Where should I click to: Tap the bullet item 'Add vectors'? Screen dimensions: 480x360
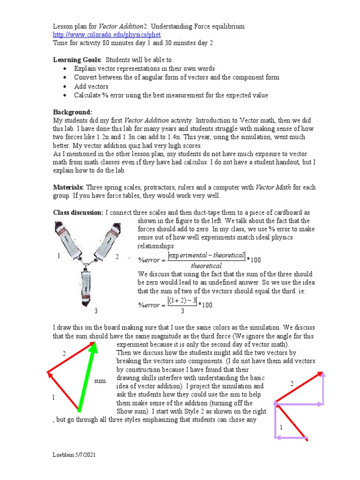tap(91, 86)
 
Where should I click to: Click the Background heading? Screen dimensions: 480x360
tap(72, 112)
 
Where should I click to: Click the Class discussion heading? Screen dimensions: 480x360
tap(78, 213)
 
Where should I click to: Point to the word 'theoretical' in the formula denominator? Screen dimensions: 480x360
tap(206, 266)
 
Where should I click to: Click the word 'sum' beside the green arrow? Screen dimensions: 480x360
tap(100, 381)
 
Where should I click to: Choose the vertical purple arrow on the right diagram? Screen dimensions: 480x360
tap(323, 387)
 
